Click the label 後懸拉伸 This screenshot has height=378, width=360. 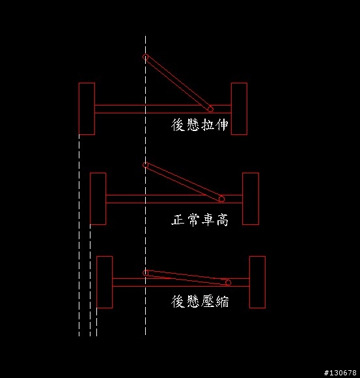(x=200, y=124)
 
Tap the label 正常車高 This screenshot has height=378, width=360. (x=200, y=220)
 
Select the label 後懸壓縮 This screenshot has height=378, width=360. (x=200, y=301)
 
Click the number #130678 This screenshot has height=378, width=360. (x=340, y=373)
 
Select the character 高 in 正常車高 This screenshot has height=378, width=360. (x=222, y=220)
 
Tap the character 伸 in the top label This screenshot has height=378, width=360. (x=222, y=124)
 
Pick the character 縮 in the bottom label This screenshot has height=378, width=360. (x=223, y=301)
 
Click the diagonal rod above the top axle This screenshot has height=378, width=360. (x=178, y=83)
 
